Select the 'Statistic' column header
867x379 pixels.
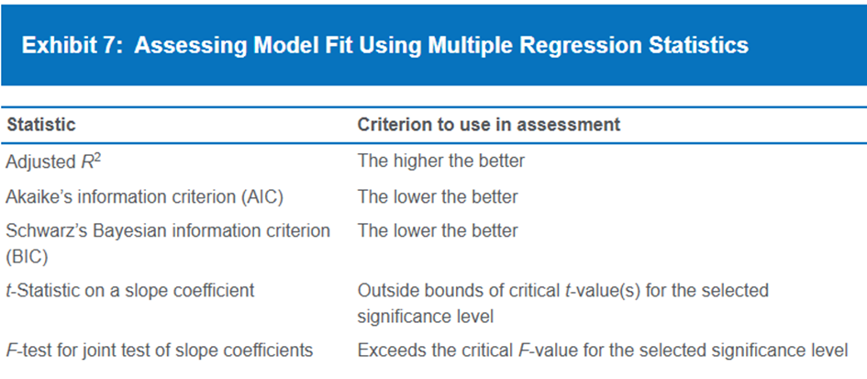40,125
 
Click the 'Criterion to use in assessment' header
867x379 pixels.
489,125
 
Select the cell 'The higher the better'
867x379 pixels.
441,161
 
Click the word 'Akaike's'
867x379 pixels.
42,196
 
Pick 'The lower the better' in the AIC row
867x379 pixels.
438,196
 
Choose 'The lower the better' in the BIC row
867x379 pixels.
438,230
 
